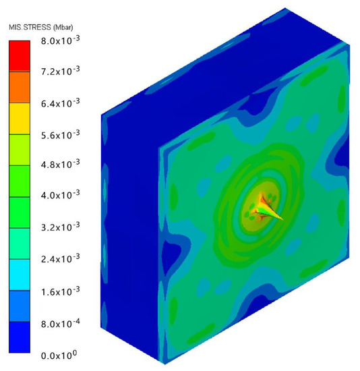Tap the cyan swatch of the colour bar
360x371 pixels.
(18, 275)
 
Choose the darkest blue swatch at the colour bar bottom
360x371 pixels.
(18, 337)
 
